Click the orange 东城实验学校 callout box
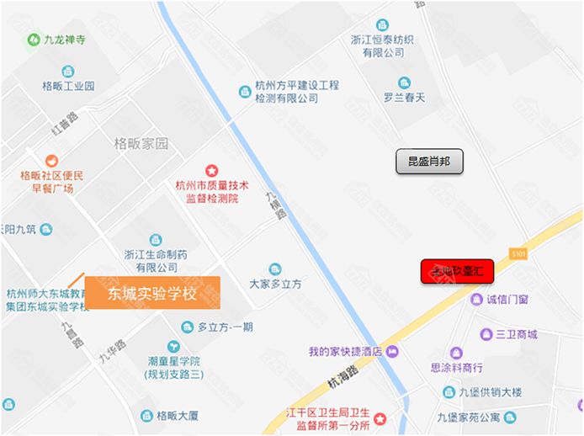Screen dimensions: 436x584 pos(152,293)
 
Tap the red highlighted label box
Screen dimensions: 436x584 pos(457,272)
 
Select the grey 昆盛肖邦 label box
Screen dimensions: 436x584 pos(429,161)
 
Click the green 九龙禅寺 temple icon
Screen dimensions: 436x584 pos(34,39)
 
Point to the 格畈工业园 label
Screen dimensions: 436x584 pos(68,85)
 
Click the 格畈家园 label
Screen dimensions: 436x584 pos(141,143)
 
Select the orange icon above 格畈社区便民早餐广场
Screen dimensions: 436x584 pos(52,160)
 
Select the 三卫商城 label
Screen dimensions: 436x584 pos(516,334)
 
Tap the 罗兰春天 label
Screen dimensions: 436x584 pos(404,98)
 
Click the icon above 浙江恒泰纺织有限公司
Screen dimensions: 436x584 pos(383,24)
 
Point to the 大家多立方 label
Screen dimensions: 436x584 pos(275,284)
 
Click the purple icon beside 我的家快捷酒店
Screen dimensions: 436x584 pos(391,351)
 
